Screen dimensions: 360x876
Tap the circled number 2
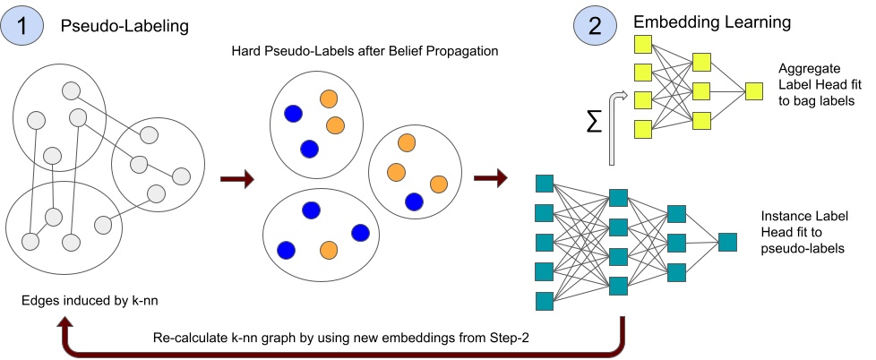pyautogui.click(x=594, y=27)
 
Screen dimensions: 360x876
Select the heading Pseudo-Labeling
pyautogui.click(x=125, y=26)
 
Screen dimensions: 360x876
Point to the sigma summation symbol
pyautogui.click(x=593, y=123)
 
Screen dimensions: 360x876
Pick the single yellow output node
pyautogui.click(x=753, y=90)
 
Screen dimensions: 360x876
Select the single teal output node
pyautogui.click(x=727, y=242)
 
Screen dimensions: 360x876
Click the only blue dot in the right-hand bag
pyautogui.click(x=414, y=201)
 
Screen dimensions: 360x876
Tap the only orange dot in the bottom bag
pyautogui.click(x=328, y=249)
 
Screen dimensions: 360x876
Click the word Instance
pyautogui.click(x=785, y=217)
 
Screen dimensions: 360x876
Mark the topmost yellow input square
pyautogui.click(x=641, y=45)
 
